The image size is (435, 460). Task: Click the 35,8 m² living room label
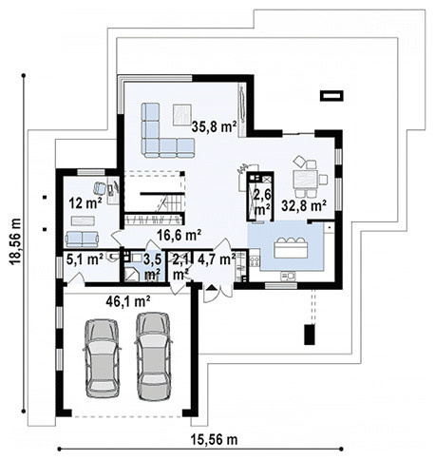coord(214,126)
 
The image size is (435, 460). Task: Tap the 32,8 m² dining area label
coord(304,206)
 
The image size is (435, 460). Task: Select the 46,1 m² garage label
coord(128,301)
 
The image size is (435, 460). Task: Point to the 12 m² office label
coord(85,203)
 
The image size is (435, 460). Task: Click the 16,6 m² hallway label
coord(180,235)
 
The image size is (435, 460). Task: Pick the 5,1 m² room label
coord(85,259)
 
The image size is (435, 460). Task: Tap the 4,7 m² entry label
coord(217,259)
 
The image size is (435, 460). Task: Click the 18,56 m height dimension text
coord(15,240)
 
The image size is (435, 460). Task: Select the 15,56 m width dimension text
coord(214,439)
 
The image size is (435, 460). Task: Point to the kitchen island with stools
coord(291,248)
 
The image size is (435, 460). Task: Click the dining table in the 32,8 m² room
coord(305,180)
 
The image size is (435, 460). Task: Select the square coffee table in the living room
coord(182,115)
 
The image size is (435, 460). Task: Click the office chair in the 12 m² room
coord(100,188)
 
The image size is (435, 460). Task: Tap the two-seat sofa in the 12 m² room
coord(82,240)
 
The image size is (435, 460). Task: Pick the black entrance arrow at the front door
coord(212,287)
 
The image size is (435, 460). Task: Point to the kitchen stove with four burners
coord(255,261)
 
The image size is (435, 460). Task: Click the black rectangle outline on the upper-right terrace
coord(331,96)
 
